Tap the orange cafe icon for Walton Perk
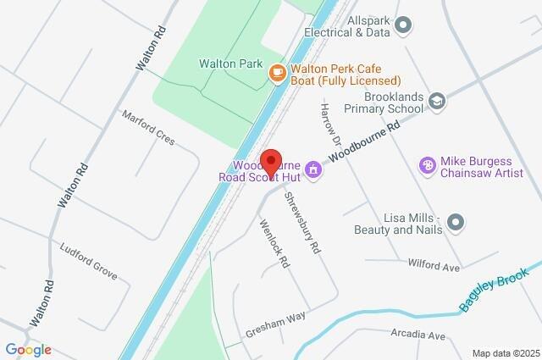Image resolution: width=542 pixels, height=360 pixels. tap(276, 73)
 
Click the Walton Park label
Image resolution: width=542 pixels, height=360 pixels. tap(230, 64)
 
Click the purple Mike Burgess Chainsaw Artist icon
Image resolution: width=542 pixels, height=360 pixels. tap(428, 163)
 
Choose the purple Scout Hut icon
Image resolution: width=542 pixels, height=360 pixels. tap(313, 169)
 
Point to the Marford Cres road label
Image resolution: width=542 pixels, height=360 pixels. tap(147, 128)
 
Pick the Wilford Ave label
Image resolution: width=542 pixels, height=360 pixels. tap(433, 266)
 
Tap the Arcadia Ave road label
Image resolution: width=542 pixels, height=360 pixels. tap(418, 336)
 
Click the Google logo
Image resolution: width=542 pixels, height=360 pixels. tap(28, 350)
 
